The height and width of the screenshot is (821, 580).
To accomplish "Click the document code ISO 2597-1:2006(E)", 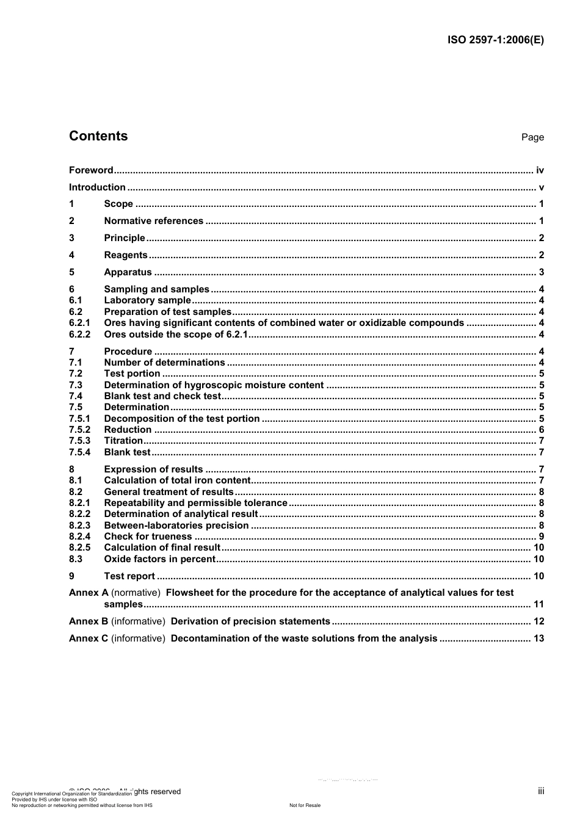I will point(495,40).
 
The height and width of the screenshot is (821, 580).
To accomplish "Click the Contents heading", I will point(98,136).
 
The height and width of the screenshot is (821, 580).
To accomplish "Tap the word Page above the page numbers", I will point(532,137).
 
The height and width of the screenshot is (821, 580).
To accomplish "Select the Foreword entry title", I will point(91,170).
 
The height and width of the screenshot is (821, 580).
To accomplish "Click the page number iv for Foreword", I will point(540,170).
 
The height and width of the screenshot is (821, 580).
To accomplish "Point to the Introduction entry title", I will point(97,187).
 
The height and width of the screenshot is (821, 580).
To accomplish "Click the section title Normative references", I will point(153,221).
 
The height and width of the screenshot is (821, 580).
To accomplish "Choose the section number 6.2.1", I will point(79,323).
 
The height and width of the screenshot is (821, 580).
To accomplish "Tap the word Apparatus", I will point(128,272).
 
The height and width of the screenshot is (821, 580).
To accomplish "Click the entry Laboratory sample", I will point(147,300).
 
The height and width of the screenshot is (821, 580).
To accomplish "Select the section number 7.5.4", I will point(79,452).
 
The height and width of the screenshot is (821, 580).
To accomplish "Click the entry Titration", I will point(123,441).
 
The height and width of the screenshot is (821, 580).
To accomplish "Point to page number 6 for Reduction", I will point(542,430).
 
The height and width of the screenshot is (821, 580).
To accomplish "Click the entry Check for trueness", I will point(148,537).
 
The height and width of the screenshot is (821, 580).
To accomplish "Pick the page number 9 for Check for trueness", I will point(542,537).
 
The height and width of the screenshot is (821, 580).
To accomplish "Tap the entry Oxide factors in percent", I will point(159,559).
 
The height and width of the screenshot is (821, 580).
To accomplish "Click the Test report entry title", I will point(129,576).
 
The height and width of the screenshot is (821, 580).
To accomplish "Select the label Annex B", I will point(88,621).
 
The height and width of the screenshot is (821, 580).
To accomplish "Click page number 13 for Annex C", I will point(538,638).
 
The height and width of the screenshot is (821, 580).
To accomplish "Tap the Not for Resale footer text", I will point(305,805).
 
